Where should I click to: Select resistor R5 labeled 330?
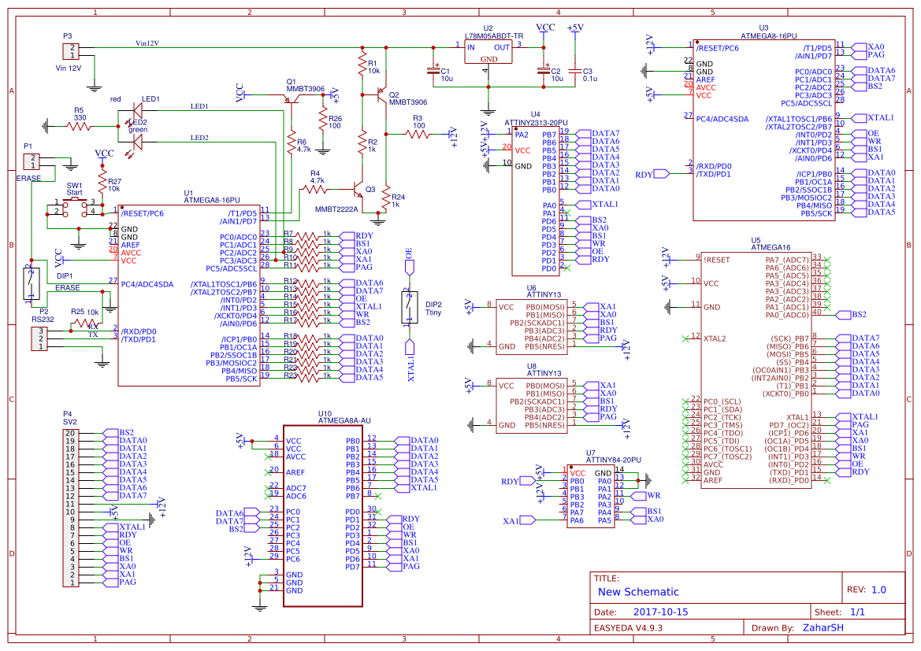[x=79, y=125]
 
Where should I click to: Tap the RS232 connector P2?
[x=39, y=338]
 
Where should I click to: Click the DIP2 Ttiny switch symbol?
[x=409, y=307]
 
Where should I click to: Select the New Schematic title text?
[x=638, y=592]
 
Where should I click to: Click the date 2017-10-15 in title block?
[x=660, y=612]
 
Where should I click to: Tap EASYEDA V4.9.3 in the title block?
[x=628, y=628]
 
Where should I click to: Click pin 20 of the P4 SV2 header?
[x=72, y=433]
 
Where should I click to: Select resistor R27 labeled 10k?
[x=102, y=184]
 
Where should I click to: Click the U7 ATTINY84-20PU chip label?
[x=614, y=459]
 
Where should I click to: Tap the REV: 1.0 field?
[x=867, y=590]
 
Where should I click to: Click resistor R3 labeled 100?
[x=418, y=134]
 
